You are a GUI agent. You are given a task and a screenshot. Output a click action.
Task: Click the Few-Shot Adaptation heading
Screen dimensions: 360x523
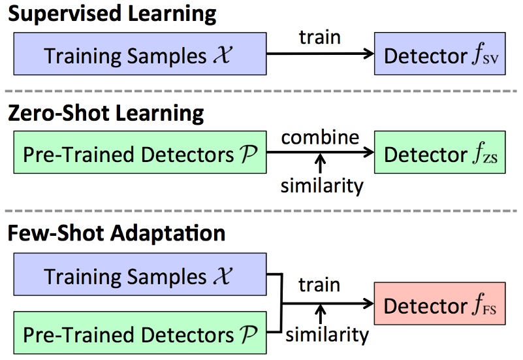coord(116,233)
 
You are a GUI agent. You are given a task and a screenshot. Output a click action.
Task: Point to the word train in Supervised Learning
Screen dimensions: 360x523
coord(319,37)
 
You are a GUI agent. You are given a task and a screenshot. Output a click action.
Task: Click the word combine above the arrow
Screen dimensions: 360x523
coord(320,138)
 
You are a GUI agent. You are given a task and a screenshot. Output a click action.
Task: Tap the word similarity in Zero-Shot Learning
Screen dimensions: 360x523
coord(321,186)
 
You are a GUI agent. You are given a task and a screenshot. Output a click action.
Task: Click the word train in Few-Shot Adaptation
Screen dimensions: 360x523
coord(319,285)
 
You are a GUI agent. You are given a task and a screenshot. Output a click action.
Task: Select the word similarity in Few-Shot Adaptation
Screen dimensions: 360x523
coord(327,335)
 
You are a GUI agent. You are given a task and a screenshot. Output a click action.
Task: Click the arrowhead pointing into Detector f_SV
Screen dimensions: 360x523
coord(369,55)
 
